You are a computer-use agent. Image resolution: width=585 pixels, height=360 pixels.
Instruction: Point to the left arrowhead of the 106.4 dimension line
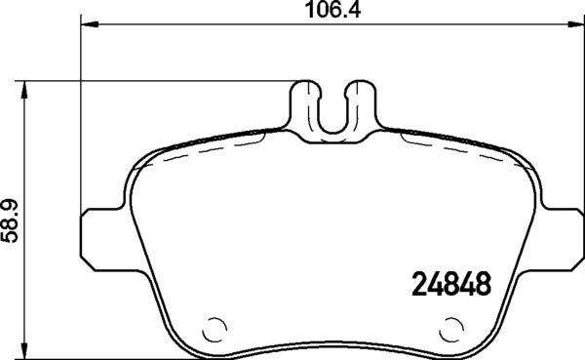tap(84, 26)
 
